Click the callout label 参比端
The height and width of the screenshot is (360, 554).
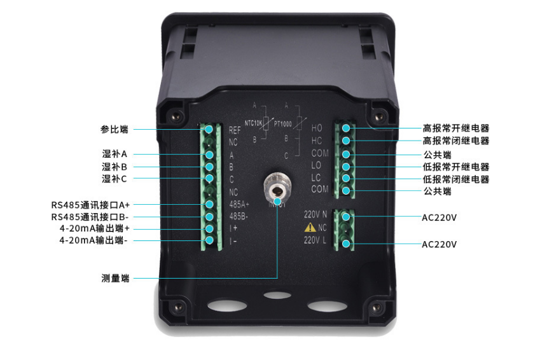point(114,129)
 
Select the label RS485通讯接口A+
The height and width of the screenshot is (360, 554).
point(90,205)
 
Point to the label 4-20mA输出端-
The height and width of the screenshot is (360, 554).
point(93,240)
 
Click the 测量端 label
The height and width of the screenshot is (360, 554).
point(115,278)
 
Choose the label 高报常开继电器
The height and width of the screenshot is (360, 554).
point(456,128)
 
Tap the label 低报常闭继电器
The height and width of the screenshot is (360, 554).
point(456,179)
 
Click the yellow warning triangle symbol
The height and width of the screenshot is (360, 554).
point(310,227)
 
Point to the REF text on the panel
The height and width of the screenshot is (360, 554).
point(235,130)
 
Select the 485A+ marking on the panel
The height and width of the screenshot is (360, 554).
point(239,205)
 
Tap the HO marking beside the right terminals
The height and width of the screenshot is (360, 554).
point(317,128)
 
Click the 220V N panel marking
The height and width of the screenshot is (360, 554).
point(316,214)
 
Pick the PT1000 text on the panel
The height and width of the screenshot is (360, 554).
point(283,123)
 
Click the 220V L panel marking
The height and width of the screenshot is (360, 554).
point(315,240)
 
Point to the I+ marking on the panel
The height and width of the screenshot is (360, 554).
point(233,228)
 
